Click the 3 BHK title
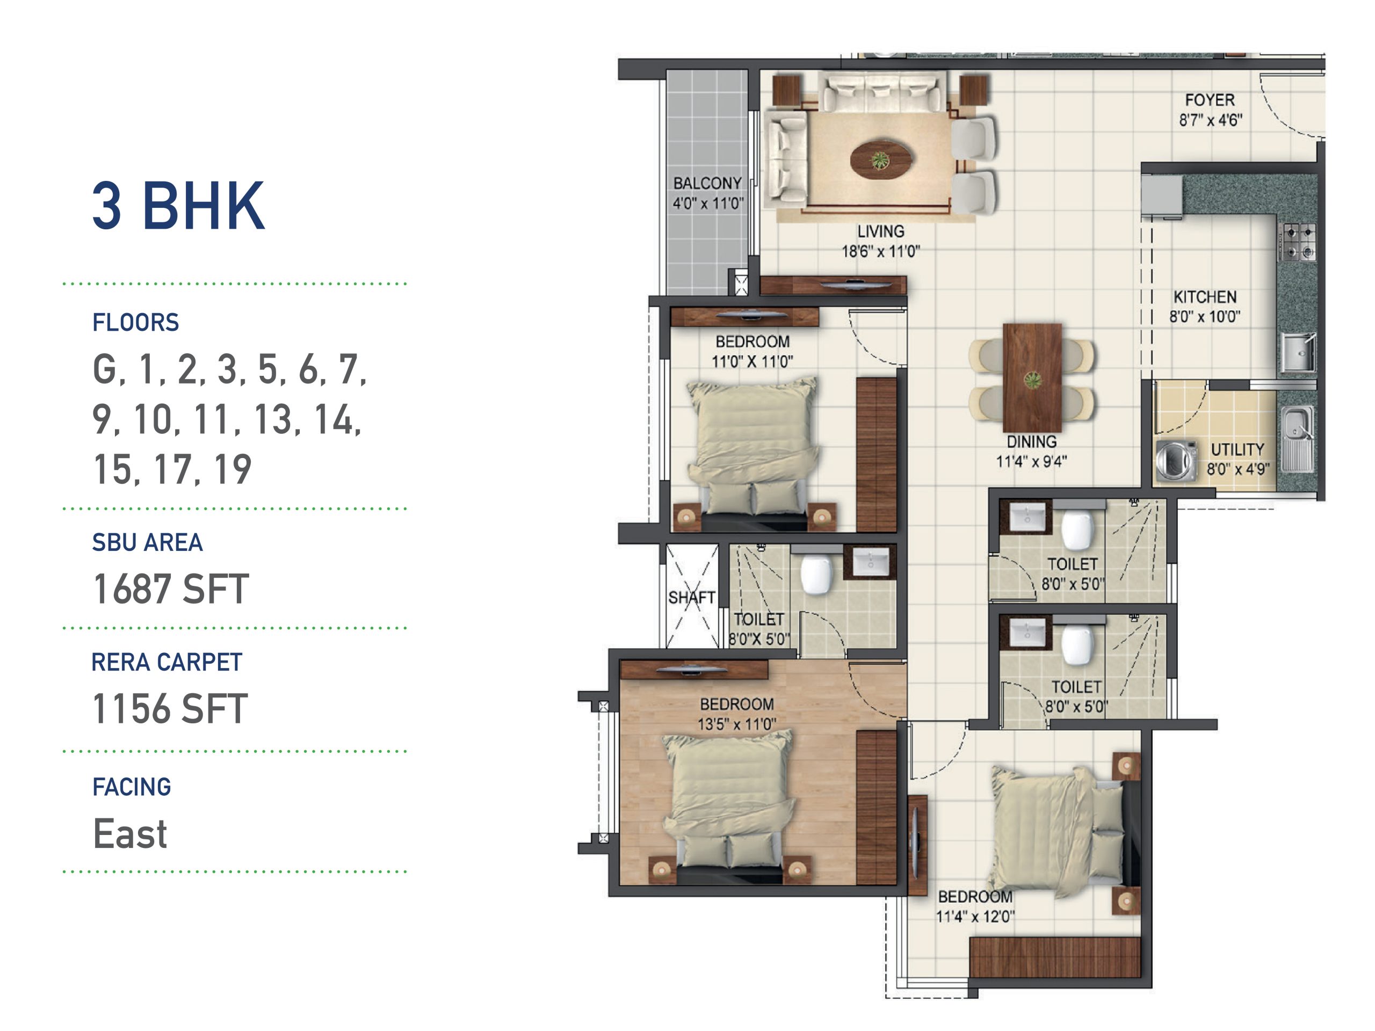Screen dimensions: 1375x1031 coord(178,206)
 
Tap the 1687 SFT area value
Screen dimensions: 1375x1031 coord(171,589)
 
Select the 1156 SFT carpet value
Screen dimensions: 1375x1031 coord(170,708)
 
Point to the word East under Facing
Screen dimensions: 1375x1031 coord(130,833)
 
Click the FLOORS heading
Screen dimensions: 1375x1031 coord(135,323)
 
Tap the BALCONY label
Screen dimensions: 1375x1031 coord(707,183)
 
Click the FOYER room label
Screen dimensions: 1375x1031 coord(1210,100)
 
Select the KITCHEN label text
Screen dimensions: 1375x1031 coord(1205,297)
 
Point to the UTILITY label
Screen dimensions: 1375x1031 coord(1237,449)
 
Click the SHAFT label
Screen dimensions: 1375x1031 coord(691,597)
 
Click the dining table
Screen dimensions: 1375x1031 coord(1032,378)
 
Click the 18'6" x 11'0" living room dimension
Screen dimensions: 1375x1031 coord(880,252)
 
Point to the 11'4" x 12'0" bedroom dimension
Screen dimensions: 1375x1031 coord(975,917)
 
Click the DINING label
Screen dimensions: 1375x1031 coord(1032,442)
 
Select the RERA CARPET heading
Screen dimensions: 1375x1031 coord(167,663)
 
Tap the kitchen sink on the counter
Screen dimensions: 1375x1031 coord(1298,354)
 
